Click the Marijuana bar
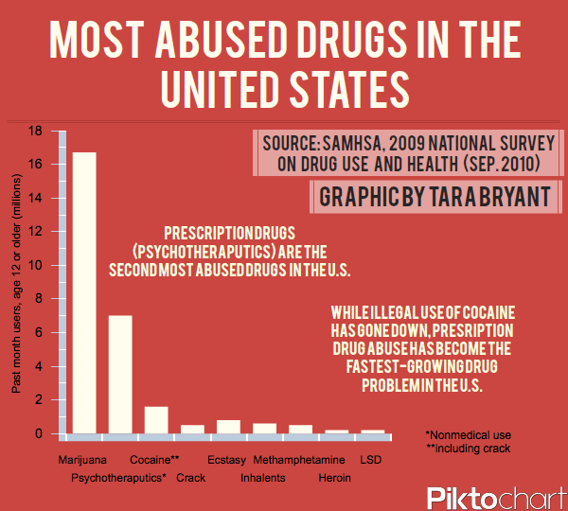84,292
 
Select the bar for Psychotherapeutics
120,374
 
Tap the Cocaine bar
156,419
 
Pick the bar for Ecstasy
228,427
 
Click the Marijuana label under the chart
82,460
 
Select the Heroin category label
334,478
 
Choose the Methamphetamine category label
299,460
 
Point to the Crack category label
191,478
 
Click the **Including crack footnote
468,448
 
